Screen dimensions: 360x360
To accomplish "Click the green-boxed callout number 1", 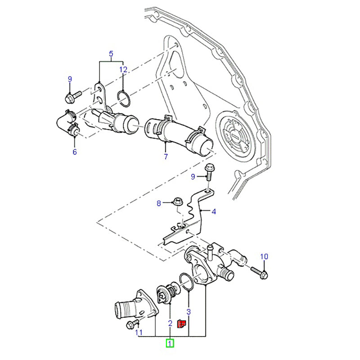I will point(170,343).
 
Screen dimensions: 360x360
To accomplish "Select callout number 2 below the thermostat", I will point(170,323).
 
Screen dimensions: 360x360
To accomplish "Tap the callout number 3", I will point(189,311).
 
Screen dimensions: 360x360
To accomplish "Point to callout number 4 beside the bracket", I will point(214,211).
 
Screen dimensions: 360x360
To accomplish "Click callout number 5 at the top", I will point(111,55).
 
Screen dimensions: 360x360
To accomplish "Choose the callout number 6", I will point(75,152).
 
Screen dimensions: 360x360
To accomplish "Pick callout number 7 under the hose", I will point(166,156).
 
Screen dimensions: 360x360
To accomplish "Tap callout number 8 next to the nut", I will point(158,203).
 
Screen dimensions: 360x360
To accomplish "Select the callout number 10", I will point(264,256).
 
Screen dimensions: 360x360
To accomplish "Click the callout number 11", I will point(139,333).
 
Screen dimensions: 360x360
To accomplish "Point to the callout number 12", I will point(123,69).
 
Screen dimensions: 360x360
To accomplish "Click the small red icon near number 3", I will point(182,324).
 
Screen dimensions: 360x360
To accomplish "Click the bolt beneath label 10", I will point(258,271).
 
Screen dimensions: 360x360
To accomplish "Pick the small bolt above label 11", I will point(132,324).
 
